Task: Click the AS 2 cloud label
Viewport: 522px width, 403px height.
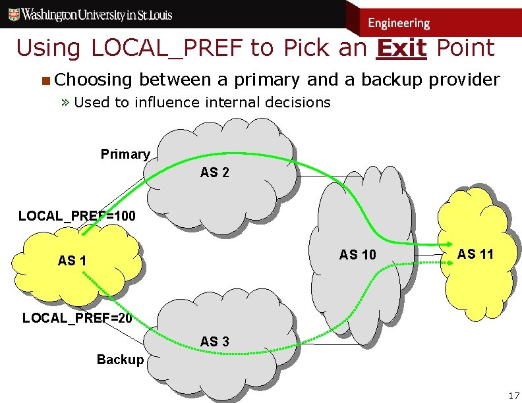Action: [x=215, y=173]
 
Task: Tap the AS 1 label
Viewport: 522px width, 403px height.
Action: [x=72, y=261]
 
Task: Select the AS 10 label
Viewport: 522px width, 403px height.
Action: [x=357, y=255]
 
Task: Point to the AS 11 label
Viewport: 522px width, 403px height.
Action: [x=475, y=254]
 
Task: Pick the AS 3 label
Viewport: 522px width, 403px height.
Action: [x=215, y=342]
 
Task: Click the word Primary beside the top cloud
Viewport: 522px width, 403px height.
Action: [x=125, y=154]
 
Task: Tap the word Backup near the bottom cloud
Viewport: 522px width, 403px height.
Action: [x=120, y=360]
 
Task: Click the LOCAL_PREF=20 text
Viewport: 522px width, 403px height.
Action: [x=77, y=318]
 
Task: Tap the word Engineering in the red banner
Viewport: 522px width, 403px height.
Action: [x=399, y=23]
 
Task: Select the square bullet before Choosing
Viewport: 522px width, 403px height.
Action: [x=45, y=81]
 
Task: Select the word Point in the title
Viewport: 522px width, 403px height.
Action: [x=465, y=47]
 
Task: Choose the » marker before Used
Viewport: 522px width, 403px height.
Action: [x=66, y=102]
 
